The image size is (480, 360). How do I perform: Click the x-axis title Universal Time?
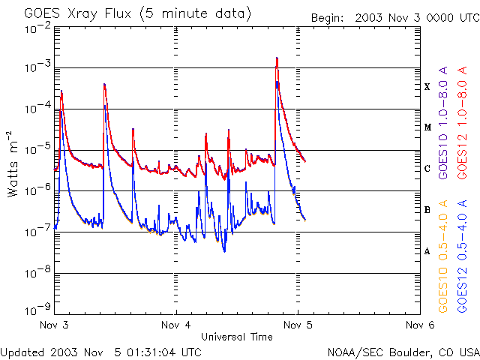pyautogui.click(x=236, y=337)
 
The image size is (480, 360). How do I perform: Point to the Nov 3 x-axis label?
pyautogui.click(x=54, y=325)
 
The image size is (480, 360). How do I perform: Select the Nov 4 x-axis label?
pyautogui.click(x=176, y=325)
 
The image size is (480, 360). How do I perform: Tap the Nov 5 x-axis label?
pyautogui.click(x=298, y=325)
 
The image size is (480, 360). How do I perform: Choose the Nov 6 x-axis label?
pyautogui.click(x=419, y=325)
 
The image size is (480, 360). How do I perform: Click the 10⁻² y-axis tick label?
pyautogui.click(x=36, y=28)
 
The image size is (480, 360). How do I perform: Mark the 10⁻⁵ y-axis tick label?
pyautogui.click(x=36, y=151)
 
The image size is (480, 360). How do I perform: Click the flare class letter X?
pyautogui.click(x=427, y=87)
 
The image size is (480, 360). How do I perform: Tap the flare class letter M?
pyautogui.click(x=427, y=127)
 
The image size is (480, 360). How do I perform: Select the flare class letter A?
pyautogui.click(x=427, y=251)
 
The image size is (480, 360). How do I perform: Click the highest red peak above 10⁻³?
pyautogui.click(x=277, y=58)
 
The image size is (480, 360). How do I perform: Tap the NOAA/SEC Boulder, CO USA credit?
pyautogui.click(x=403, y=352)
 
